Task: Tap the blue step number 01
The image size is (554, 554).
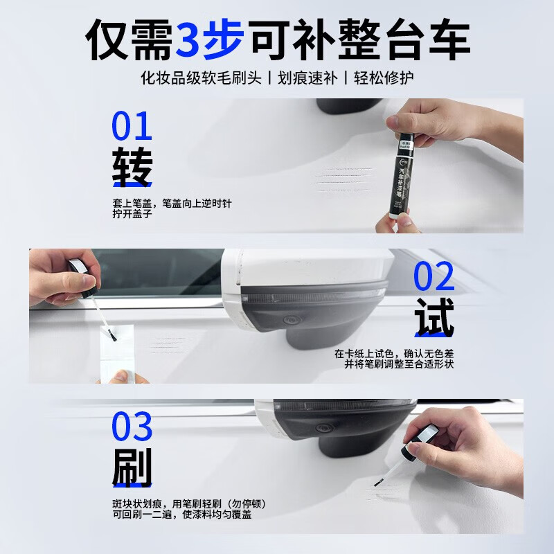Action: coord(132,128)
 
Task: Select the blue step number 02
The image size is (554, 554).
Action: coord(434,276)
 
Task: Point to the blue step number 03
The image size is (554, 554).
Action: coord(132,427)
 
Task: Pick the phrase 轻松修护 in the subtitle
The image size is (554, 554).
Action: coord(386,77)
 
